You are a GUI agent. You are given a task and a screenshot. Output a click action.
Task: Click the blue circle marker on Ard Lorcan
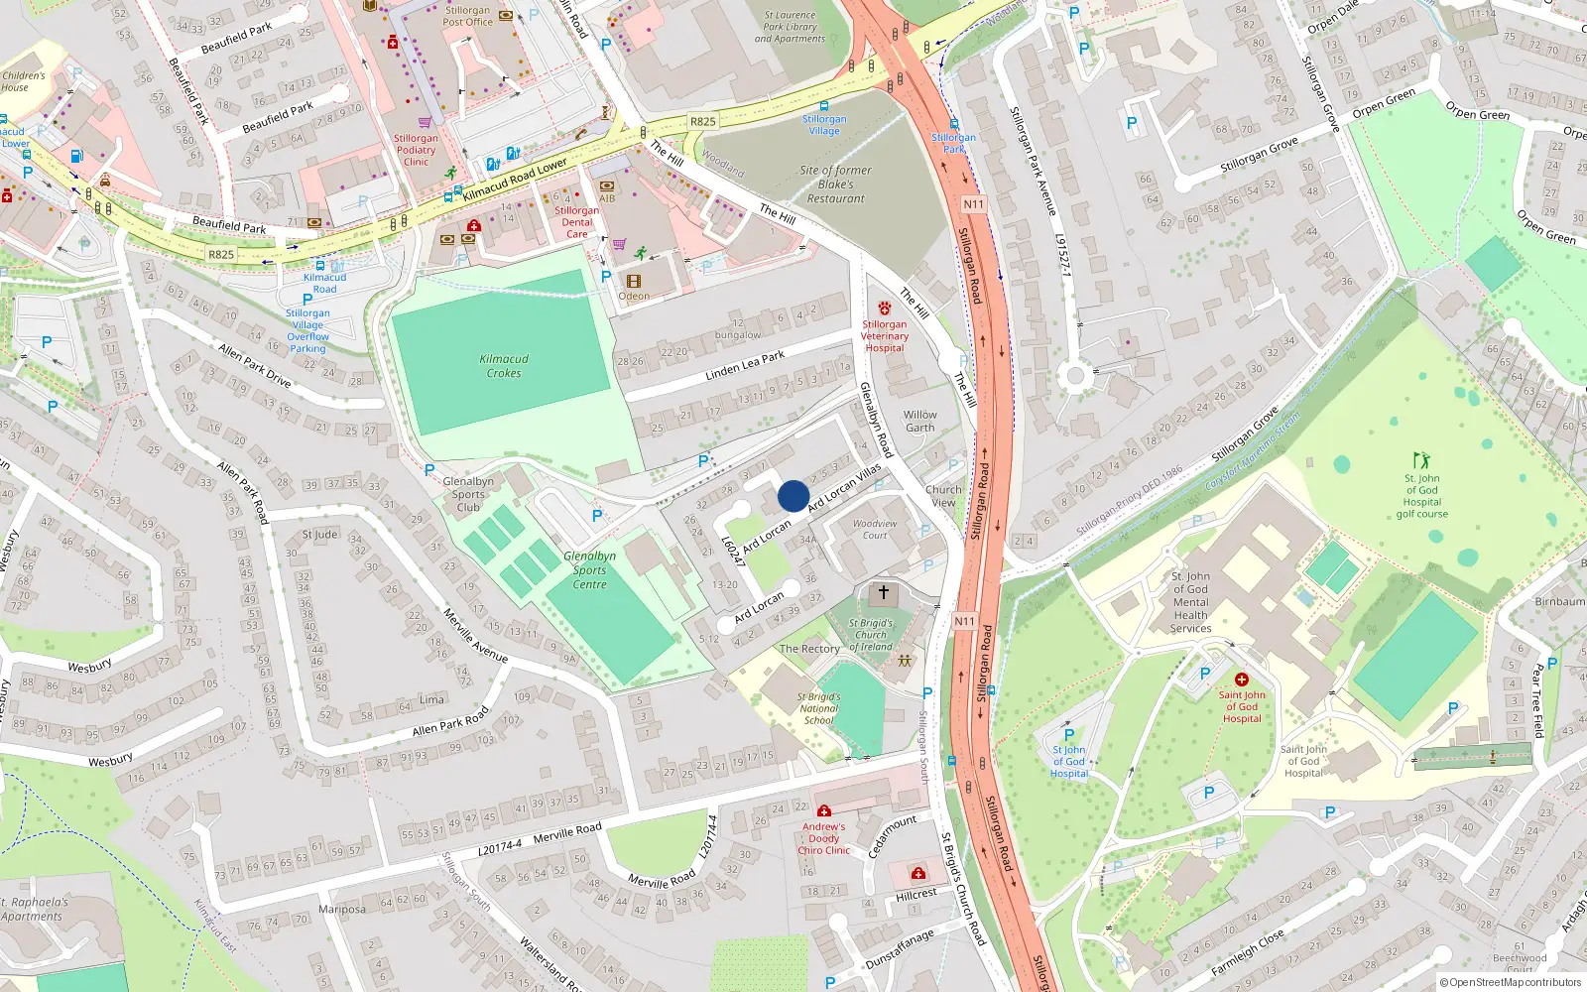pyautogui.click(x=793, y=496)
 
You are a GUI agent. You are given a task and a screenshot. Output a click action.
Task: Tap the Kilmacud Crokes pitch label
pyautogui.click(x=504, y=366)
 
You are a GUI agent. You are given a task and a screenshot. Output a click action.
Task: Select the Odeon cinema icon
pyautogui.click(x=634, y=282)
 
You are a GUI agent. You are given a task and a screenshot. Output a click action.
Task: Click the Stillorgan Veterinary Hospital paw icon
pyautogui.click(x=884, y=309)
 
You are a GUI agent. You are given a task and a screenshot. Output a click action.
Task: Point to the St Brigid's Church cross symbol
pyautogui.click(x=883, y=592)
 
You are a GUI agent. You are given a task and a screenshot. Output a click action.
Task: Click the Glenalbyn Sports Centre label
pyautogui.click(x=589, y=570)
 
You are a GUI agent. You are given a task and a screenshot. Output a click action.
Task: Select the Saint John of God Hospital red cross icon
pyautogui.click(x=1241, y=680)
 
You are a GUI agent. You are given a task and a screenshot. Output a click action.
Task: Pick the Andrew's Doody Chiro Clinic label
pyautogui.click(x=823, y=838)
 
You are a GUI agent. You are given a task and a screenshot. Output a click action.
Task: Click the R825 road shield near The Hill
pyautogui.click(x=702, y=122)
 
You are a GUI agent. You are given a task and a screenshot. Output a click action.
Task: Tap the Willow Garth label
pyautogui.click(x=919, y=422)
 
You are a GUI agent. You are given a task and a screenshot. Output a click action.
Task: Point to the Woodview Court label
pyautogui.click(x=875, y=529)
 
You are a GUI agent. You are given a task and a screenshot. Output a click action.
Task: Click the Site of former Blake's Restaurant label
pyautogui.click(x=835, y=185)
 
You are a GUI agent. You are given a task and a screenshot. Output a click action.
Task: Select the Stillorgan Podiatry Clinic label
pyautogui.click(x=416, y=150)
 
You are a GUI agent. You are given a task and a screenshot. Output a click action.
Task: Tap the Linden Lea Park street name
pyautogui.click(x=744, y=365)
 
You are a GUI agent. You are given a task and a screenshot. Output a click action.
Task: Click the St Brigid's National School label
pyautogui.click(x=818, y=708)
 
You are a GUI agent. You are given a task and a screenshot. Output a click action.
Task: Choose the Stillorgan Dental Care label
pyautogui.click(x=576, y=222)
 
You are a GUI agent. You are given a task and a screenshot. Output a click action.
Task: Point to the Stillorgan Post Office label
pyautogui.click(x=467, y=16)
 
